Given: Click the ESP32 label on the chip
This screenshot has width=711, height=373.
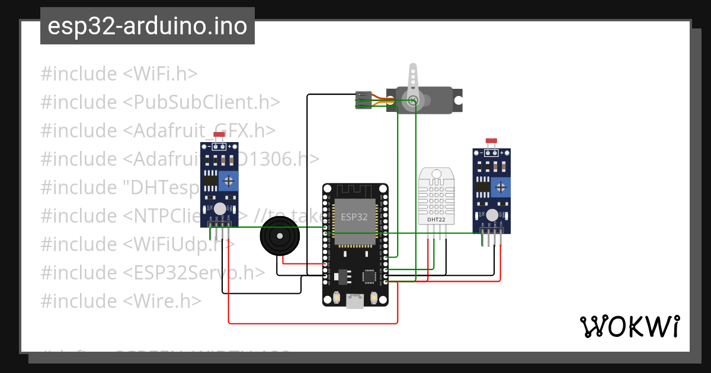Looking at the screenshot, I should [x=354, y=217].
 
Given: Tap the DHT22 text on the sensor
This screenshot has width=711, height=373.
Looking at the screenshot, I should [x=436, y=220].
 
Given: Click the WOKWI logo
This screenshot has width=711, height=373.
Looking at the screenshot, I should [x=629, y=326].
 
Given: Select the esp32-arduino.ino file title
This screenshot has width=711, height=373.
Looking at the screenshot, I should [x=147, y=26].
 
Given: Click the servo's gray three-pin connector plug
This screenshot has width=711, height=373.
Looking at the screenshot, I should [x=363, y=100].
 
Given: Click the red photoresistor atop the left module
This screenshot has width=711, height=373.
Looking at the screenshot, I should [x=219, y=136].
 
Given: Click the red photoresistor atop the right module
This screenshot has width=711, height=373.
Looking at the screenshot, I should [x=491, y=142].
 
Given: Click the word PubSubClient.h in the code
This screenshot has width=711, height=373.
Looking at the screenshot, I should [x=201, y=102].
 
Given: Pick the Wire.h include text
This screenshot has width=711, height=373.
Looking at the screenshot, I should [x=163, y=301].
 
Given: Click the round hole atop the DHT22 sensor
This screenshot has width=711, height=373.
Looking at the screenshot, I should [x=437, y=174].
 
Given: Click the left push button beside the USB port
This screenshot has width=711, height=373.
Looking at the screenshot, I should [x=336, y=297].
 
